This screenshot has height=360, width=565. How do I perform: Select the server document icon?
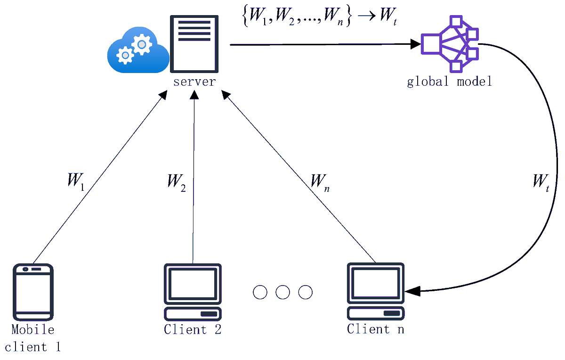(x=194, y=43)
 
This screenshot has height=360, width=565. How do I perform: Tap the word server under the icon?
(x=194, y=82)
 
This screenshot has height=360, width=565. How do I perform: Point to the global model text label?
(x=449, y=82)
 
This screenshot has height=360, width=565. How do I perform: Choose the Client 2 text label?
(x=193, y=329)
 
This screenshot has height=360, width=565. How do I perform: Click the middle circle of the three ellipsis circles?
(x=282, y=292)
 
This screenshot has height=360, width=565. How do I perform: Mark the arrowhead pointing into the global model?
(x=415, y=45)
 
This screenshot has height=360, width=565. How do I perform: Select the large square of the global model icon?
(x=431, y=44)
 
